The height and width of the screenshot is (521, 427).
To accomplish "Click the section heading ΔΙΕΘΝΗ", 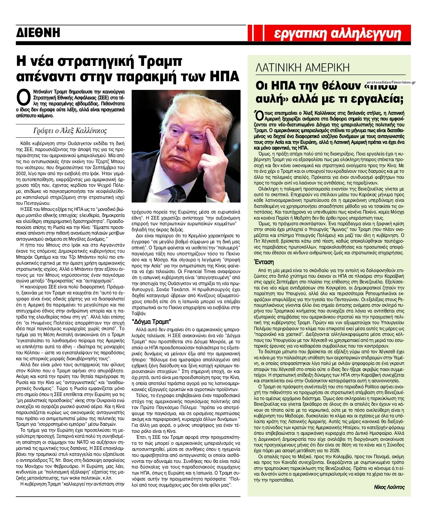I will [x=38, y=33].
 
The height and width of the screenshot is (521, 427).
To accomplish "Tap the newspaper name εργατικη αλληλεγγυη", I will [x=337, y=33].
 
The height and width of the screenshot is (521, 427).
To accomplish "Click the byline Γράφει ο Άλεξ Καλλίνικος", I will [x=70, y=130].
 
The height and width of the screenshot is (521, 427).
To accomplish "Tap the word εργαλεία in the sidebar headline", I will [x=373, y=99].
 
